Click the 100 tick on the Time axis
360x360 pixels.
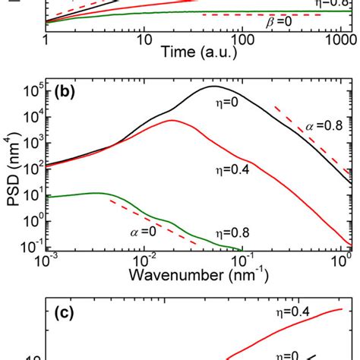coord(241,37)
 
